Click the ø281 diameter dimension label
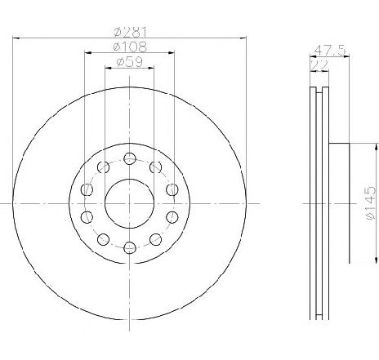[x=130, y=32]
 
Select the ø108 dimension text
[x=130, y=47]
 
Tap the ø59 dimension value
[x=129, y=62]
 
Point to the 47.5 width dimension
[x=330, y=51]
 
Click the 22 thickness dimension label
[x=319, y=65]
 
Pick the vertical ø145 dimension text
[x=371, y=203]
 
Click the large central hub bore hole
[x=130, y=203]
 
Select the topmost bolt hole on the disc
[x=130, y=158]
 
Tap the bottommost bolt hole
[x=130, y=247]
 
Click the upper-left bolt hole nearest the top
[x=103, y=167]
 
